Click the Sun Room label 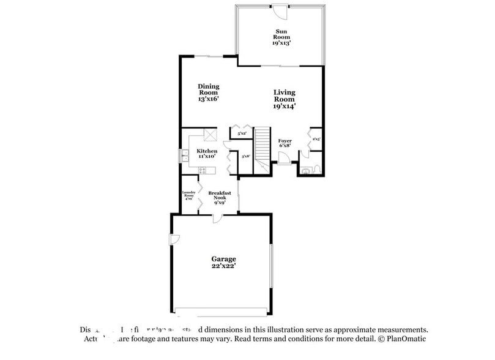point(281,36)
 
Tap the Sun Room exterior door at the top point(279,10)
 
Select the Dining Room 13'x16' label point(208,92)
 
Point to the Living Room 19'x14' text point(284,99)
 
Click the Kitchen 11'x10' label point(206,154)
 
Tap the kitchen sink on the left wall point(184,157)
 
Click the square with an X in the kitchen point(210,135)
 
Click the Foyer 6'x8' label point(285,144)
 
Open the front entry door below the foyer point(285,157)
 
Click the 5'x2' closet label point(241,133)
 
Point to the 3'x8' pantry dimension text point(245,157)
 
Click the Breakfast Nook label point(218,197)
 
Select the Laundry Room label point(188,195)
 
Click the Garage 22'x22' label point(223,262)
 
